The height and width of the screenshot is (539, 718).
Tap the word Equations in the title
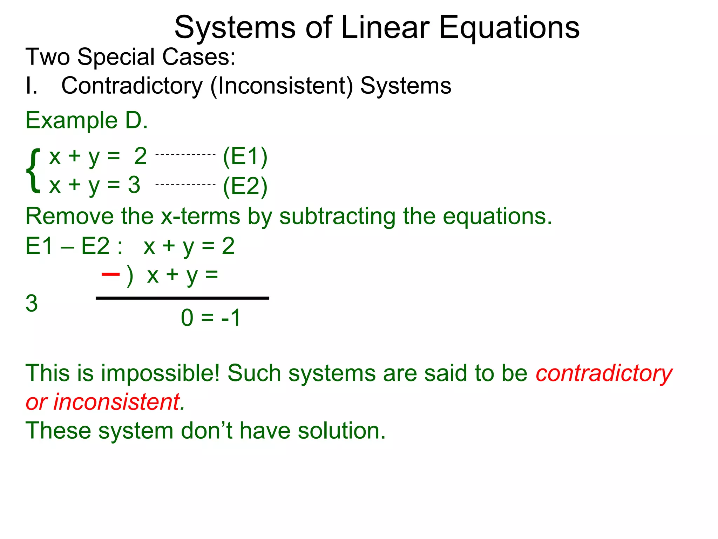(509, 28)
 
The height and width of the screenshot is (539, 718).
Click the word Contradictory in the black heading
(132, 86)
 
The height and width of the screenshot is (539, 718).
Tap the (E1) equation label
(245, 157)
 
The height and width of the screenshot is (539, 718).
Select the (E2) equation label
(245, 186)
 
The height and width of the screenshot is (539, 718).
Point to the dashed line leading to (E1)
(185, 154)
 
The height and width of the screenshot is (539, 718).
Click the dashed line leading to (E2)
(185, 184)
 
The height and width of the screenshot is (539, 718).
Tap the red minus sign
(110, 274)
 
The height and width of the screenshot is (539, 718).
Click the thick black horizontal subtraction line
(182, 298)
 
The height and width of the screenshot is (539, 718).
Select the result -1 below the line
(231, 318)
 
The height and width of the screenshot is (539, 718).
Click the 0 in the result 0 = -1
(187, 318)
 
